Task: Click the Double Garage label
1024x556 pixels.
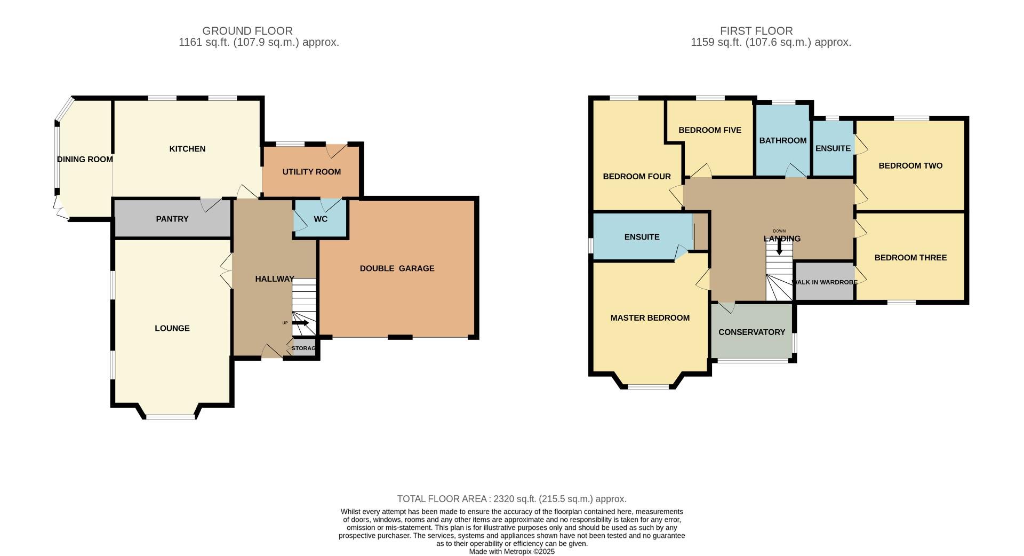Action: (397, 268)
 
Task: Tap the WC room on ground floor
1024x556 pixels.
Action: (321, 219)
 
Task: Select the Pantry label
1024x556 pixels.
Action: (172, 219)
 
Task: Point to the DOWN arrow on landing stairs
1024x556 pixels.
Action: (780, 247)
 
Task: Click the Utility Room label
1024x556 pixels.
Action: (311, 172)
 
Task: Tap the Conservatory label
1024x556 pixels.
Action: (751, 332)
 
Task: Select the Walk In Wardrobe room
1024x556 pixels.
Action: (825, 282)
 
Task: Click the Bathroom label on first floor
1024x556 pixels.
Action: (782, 140)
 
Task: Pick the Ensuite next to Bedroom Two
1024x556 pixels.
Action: (833, 148)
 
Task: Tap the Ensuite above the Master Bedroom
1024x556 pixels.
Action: (642, 237)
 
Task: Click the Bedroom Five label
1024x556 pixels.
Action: (709, 130)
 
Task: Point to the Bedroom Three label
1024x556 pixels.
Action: (910, 258)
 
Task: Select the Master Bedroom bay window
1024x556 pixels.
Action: (649, 386)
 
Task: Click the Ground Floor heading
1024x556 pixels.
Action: (247, 31)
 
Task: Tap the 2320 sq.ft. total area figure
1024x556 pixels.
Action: (514, 499)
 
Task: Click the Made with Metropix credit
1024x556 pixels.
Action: (511, 552)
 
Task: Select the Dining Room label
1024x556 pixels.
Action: (85, 160)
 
